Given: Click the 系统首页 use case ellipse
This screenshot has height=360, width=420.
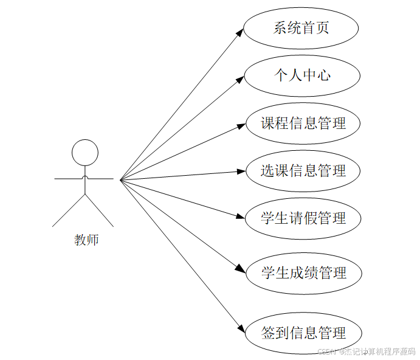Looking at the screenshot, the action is click(x=301, y=28).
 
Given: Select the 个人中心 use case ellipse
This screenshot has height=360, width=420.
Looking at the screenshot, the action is click(x=302, y=75).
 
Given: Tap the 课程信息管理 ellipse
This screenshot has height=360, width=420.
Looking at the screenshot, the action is click(x=303, y=123).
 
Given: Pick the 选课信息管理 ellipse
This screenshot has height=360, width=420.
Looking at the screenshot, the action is click(x=303, y=171).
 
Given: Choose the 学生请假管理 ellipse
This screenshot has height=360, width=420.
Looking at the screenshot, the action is click(x=303, y=218).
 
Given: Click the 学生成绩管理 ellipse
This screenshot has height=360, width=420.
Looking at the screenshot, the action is click(x=303, y=273).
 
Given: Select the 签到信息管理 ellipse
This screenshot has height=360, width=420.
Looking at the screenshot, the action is click(x=303, y=333).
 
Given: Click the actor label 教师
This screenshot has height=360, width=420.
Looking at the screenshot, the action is click(x=86, y=240).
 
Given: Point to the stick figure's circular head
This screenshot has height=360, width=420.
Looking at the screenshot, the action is click(x=85, y=153).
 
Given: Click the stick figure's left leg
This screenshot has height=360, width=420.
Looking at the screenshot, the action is click(x=68, y=210).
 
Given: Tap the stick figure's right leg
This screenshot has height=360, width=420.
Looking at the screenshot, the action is click(x=100, y=210).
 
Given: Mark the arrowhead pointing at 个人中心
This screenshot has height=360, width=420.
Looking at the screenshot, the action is click(x=240, y=80).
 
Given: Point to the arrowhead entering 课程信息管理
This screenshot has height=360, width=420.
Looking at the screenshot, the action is click(x=241, y=126).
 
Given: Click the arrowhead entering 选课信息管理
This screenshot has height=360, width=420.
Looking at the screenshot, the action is click(x=241, y=172).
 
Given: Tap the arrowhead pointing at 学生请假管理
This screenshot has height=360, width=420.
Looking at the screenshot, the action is click(x=241, y=216).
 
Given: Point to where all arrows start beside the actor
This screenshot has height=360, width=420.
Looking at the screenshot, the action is click(x=121, y=180).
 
